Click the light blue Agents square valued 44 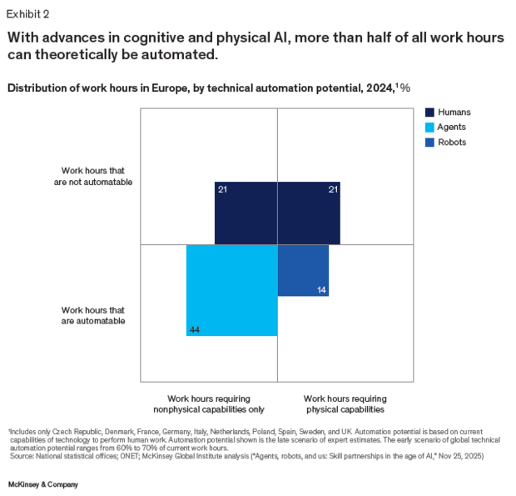coord(231,290)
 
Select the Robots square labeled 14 coord(303,271)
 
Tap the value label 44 coord(195,329)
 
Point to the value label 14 coord(321,290)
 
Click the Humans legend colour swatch coord(429,113)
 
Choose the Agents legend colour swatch coord(429,128)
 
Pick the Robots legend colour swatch coord(429,143)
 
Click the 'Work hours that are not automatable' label coord(93,177)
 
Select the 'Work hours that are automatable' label coord(93,315)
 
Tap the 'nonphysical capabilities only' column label coord(209,409)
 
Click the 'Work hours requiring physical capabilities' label coord(345,404)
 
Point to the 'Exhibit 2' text coord(28,14)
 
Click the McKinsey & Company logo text coord(43,484)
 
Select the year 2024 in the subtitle coord(380,88)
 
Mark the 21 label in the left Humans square coord(222,189)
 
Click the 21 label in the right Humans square coord(333,189)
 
